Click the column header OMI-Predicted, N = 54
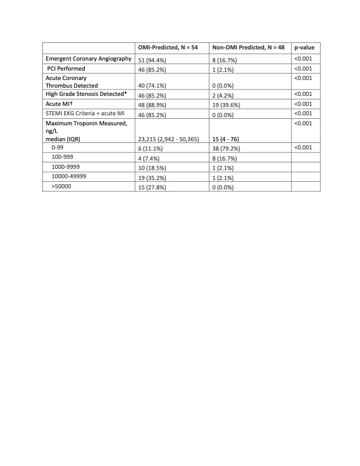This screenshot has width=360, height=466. (x=168, y=47)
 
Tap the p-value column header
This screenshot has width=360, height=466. (x=305, y=47)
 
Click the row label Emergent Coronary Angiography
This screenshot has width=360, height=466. (x=88, y=58)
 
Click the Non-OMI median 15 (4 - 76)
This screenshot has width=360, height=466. (x=228, y=139)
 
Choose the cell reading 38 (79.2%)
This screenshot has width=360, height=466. (x=228, y=149)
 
